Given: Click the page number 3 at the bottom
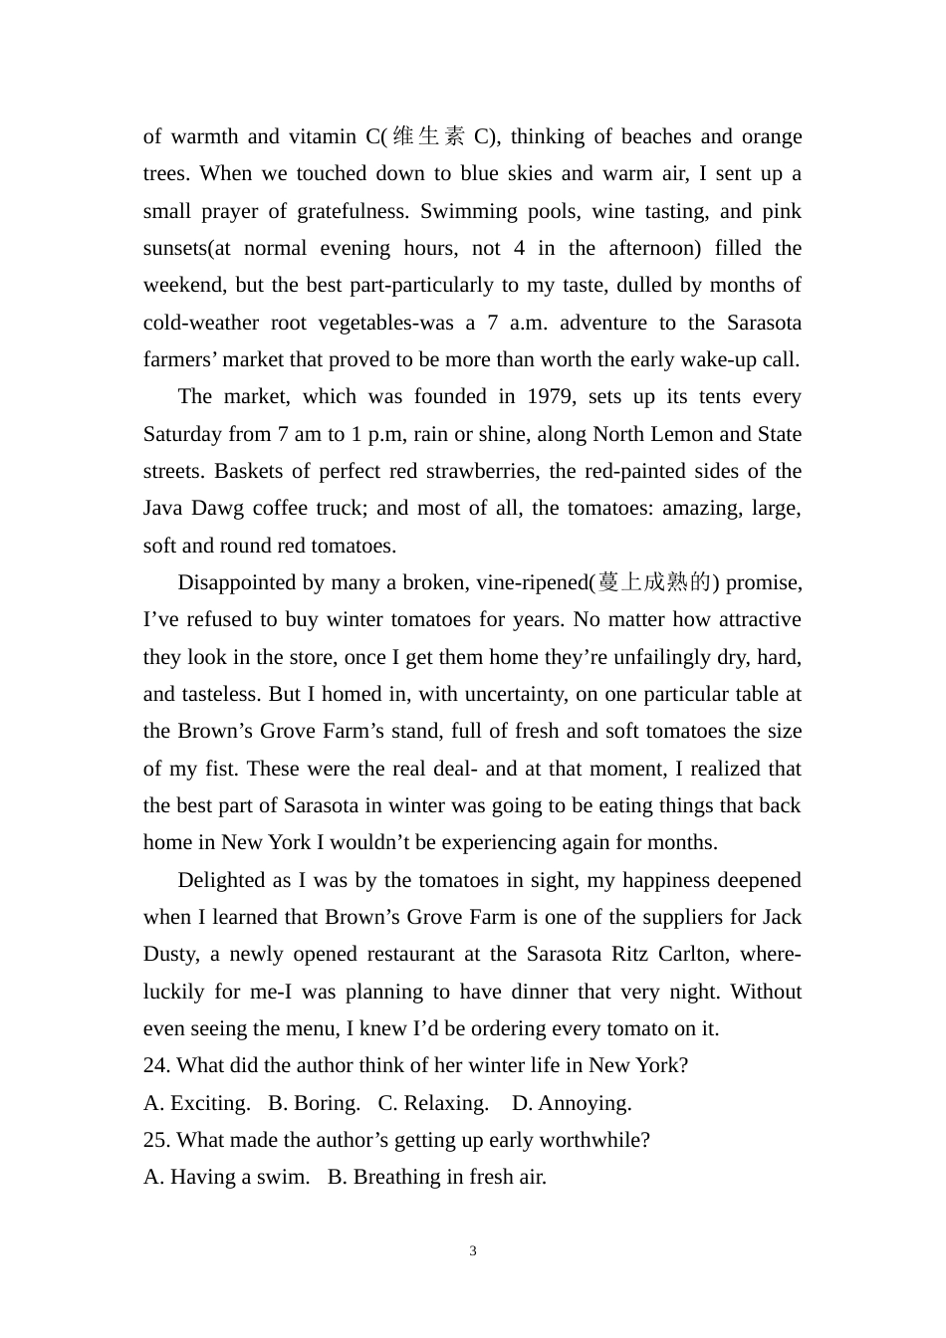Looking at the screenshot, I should pyautogui.click(x=473, y=1250).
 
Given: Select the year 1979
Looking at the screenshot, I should pyautogui.click(x=550, y=396).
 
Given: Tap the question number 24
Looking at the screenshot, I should pyautogui.click(x=156, y=1065).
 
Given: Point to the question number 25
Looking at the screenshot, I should pyautogui.click(x=156, y=1140).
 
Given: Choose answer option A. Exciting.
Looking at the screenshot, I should pyautogui.click(x=197, y=1103).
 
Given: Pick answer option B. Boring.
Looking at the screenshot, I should pyautogui.click(x=315, y=1103).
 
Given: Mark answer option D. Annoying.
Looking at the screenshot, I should pyautogui.click(x=572, y=1103).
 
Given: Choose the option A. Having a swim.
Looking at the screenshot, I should pyautogui.click(x=226, y=1177).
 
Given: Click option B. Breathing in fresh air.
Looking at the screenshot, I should pyautogui.click(x=437, y=1177).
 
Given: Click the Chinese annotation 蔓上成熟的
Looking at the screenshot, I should pyautogui.click(x=654, y=582).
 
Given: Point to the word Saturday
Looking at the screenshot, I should pyautogui.click(x=182, y=434).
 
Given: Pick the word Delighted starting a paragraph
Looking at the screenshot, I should pyautogui.click(x=221, y=880).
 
